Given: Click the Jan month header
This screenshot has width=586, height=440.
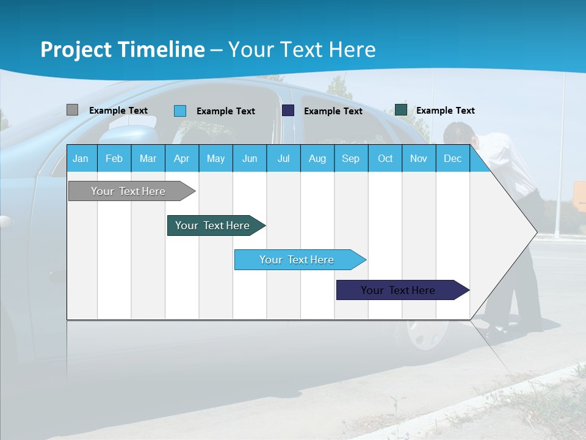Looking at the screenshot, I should pyautogui.click(x=81, y=159).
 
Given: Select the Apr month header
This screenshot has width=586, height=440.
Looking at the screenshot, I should pyautogui.click(x=181, y=159).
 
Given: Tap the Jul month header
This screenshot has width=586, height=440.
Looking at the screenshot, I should pyautogui.click(x=283, y=159).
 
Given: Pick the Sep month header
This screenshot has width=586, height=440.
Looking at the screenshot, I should pyautogui.click(x=350, y=159).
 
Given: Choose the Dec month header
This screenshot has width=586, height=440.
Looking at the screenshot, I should pyautogui.click(x=452, y=159).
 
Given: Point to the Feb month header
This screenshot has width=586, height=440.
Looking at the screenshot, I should pyautogui.click(x=114, y=159).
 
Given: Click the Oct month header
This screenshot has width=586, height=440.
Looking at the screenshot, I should pyautogui.click(x=385, y=159).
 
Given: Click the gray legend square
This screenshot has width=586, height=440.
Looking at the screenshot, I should pyautogui.click(x=72, y=110).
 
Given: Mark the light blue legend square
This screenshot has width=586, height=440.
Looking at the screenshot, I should pyautogui.click(x=180, y=111).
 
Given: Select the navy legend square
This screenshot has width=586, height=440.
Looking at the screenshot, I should pyautogui.click(x=288, y=111).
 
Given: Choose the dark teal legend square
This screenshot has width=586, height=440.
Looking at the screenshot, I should pyautogui.click(x=401, y=110).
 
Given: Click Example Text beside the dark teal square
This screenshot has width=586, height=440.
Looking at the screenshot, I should pyautogui.click(x=445, y=111).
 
